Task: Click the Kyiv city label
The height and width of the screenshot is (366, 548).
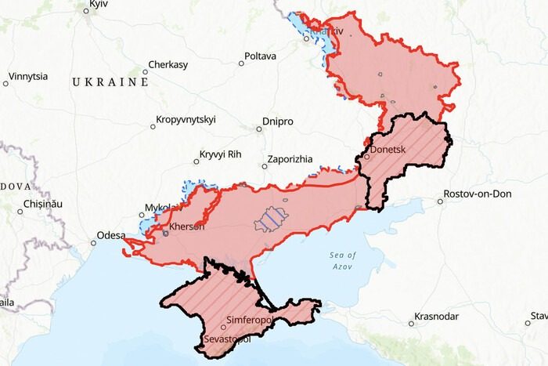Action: point(98,5)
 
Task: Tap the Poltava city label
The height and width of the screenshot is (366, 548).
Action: point(261,56)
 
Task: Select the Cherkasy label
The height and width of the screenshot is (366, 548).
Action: point(168,65)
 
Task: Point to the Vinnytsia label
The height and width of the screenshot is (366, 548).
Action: point(28,77)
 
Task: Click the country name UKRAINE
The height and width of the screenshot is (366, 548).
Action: point(110,82)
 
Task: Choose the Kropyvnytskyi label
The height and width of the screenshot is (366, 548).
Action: point(188,120)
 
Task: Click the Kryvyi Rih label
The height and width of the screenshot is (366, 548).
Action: point(222,154)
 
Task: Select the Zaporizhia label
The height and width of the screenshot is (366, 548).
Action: point(290,158)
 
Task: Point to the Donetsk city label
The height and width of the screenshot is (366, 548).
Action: point(388,147)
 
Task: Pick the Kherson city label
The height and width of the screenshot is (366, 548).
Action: point(187,227)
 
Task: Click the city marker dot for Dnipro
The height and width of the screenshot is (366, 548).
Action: point(259,129)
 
